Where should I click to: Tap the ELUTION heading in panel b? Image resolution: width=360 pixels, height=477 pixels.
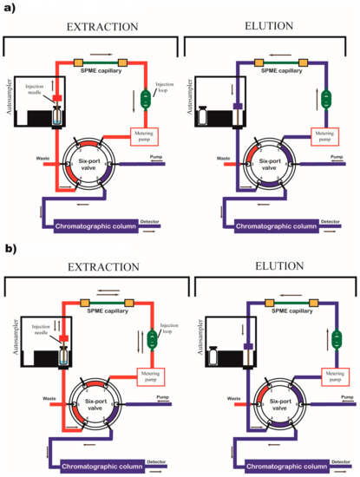pyautogui.click(x=266, y=266)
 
